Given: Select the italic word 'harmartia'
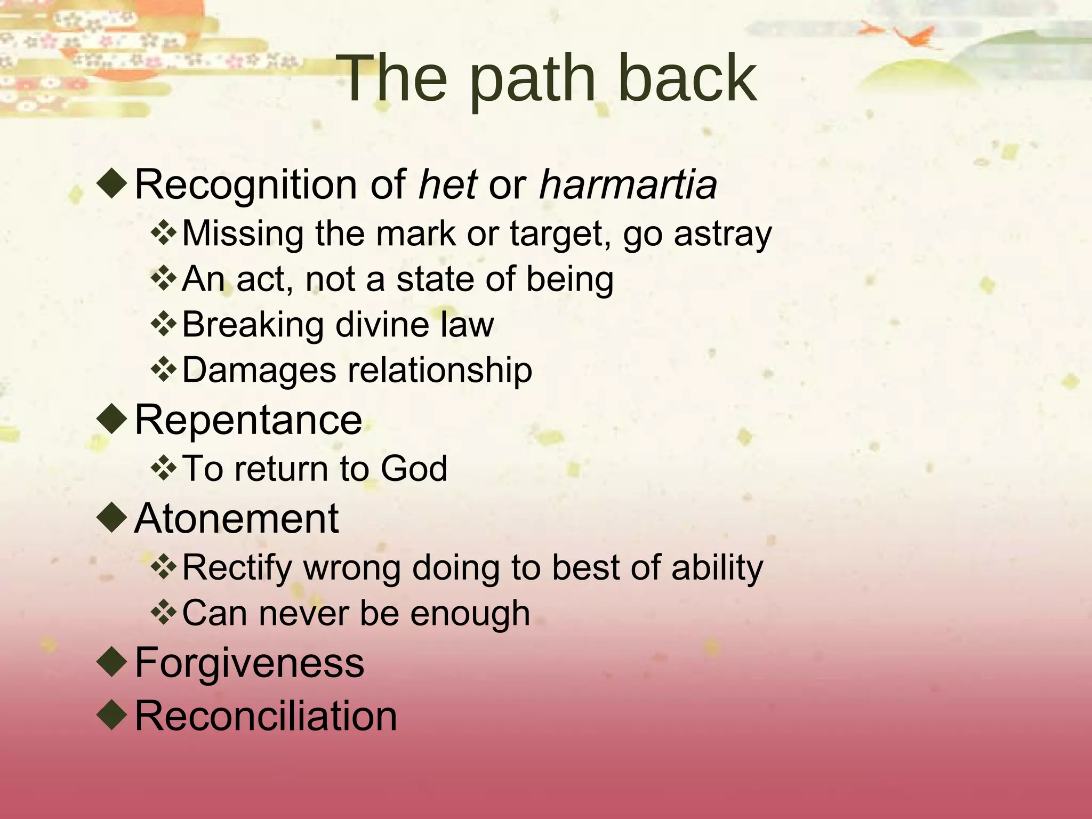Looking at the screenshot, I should point(628,184).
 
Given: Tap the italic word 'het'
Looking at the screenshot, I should point(447,184).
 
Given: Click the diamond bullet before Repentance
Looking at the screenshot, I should point(113,419).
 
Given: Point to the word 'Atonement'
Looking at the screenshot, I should point(236,518).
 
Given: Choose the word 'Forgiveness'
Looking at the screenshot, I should point(249,662).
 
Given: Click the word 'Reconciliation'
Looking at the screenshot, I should point(266,716).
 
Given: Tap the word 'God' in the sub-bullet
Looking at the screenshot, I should point(414,469).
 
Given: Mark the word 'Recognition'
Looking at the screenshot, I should point(246,184).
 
